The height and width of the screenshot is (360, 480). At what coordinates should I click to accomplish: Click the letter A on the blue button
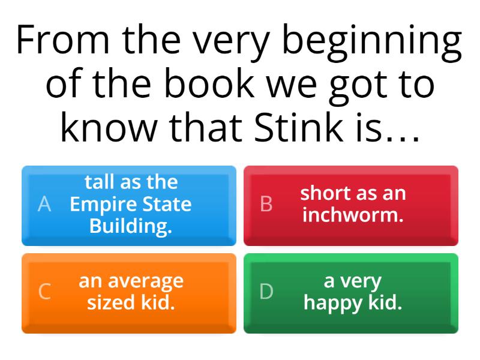click(x=44, y=205)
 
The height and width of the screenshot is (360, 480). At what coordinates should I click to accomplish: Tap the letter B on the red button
click(x=266, y=205)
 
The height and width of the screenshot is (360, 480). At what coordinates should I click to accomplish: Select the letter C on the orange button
click(x=44, y=292)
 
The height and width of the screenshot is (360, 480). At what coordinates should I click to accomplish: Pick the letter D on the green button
click(x=266, y=292)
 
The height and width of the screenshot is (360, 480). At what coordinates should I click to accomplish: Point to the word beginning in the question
click(x=369, y=41)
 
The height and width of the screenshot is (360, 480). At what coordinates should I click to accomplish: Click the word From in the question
click(x=64, y=41)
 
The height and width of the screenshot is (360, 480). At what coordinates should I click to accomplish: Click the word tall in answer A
click(x=97, y=182)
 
